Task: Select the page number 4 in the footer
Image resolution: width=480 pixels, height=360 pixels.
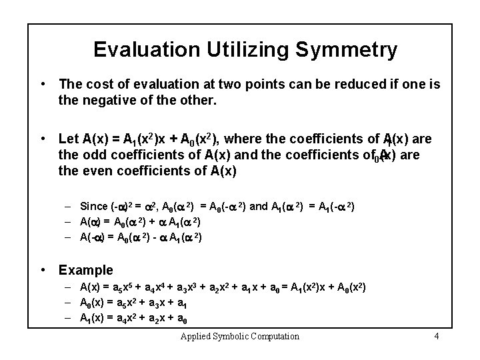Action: coord(436,336)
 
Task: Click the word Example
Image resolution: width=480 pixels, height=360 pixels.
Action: coord(86,270)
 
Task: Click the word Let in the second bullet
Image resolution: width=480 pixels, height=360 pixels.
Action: coord(68,139)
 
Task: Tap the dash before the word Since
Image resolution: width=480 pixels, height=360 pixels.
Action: coord(69,205)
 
